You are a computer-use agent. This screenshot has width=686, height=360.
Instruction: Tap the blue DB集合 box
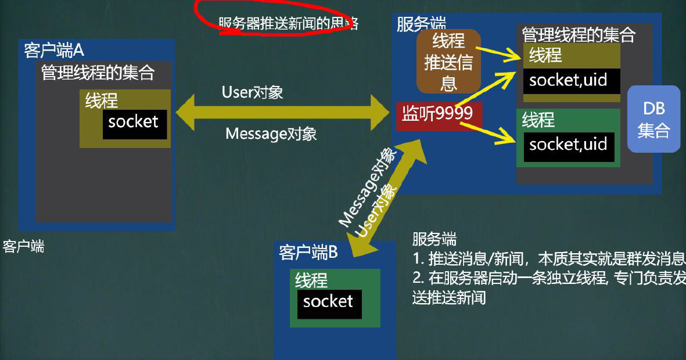point(653,120)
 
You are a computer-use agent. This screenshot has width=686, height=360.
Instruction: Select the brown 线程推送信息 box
point(448,62)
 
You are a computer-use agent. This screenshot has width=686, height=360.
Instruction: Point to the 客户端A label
point(54,50)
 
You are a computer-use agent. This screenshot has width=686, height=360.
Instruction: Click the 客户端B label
point(308,253)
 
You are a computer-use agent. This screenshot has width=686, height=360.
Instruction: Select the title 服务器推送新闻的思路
point(289,24)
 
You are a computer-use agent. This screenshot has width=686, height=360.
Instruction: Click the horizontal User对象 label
point(252,92)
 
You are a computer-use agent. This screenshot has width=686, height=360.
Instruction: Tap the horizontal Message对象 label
point(271,134)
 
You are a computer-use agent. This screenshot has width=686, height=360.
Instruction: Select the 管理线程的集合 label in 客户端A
point(98,73)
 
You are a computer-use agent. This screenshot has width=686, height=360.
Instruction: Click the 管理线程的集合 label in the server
point(578,35)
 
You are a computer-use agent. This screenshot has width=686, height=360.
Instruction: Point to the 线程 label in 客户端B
point(311,280)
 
